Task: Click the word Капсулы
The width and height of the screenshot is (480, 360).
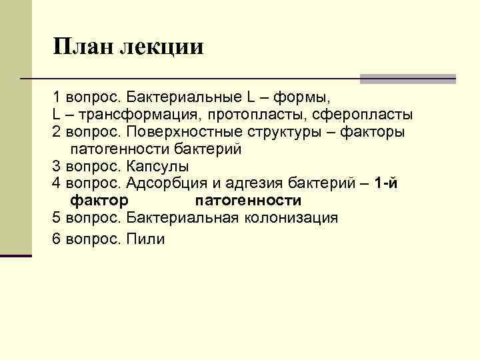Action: pyautogui.click(x=158, y=165)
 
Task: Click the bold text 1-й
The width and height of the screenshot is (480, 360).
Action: pyautogui.click(x=387, y=183)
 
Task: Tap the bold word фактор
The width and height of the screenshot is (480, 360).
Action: pyautogui.click(x=100, y=200)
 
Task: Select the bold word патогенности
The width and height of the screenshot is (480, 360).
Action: pyautogui.click(x=248, y=200)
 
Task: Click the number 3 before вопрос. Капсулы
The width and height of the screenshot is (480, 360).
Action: pyautogui.click(x=56, y=165)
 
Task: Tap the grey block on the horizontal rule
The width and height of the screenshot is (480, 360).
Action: pyautogui.click(x=407, y=79)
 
